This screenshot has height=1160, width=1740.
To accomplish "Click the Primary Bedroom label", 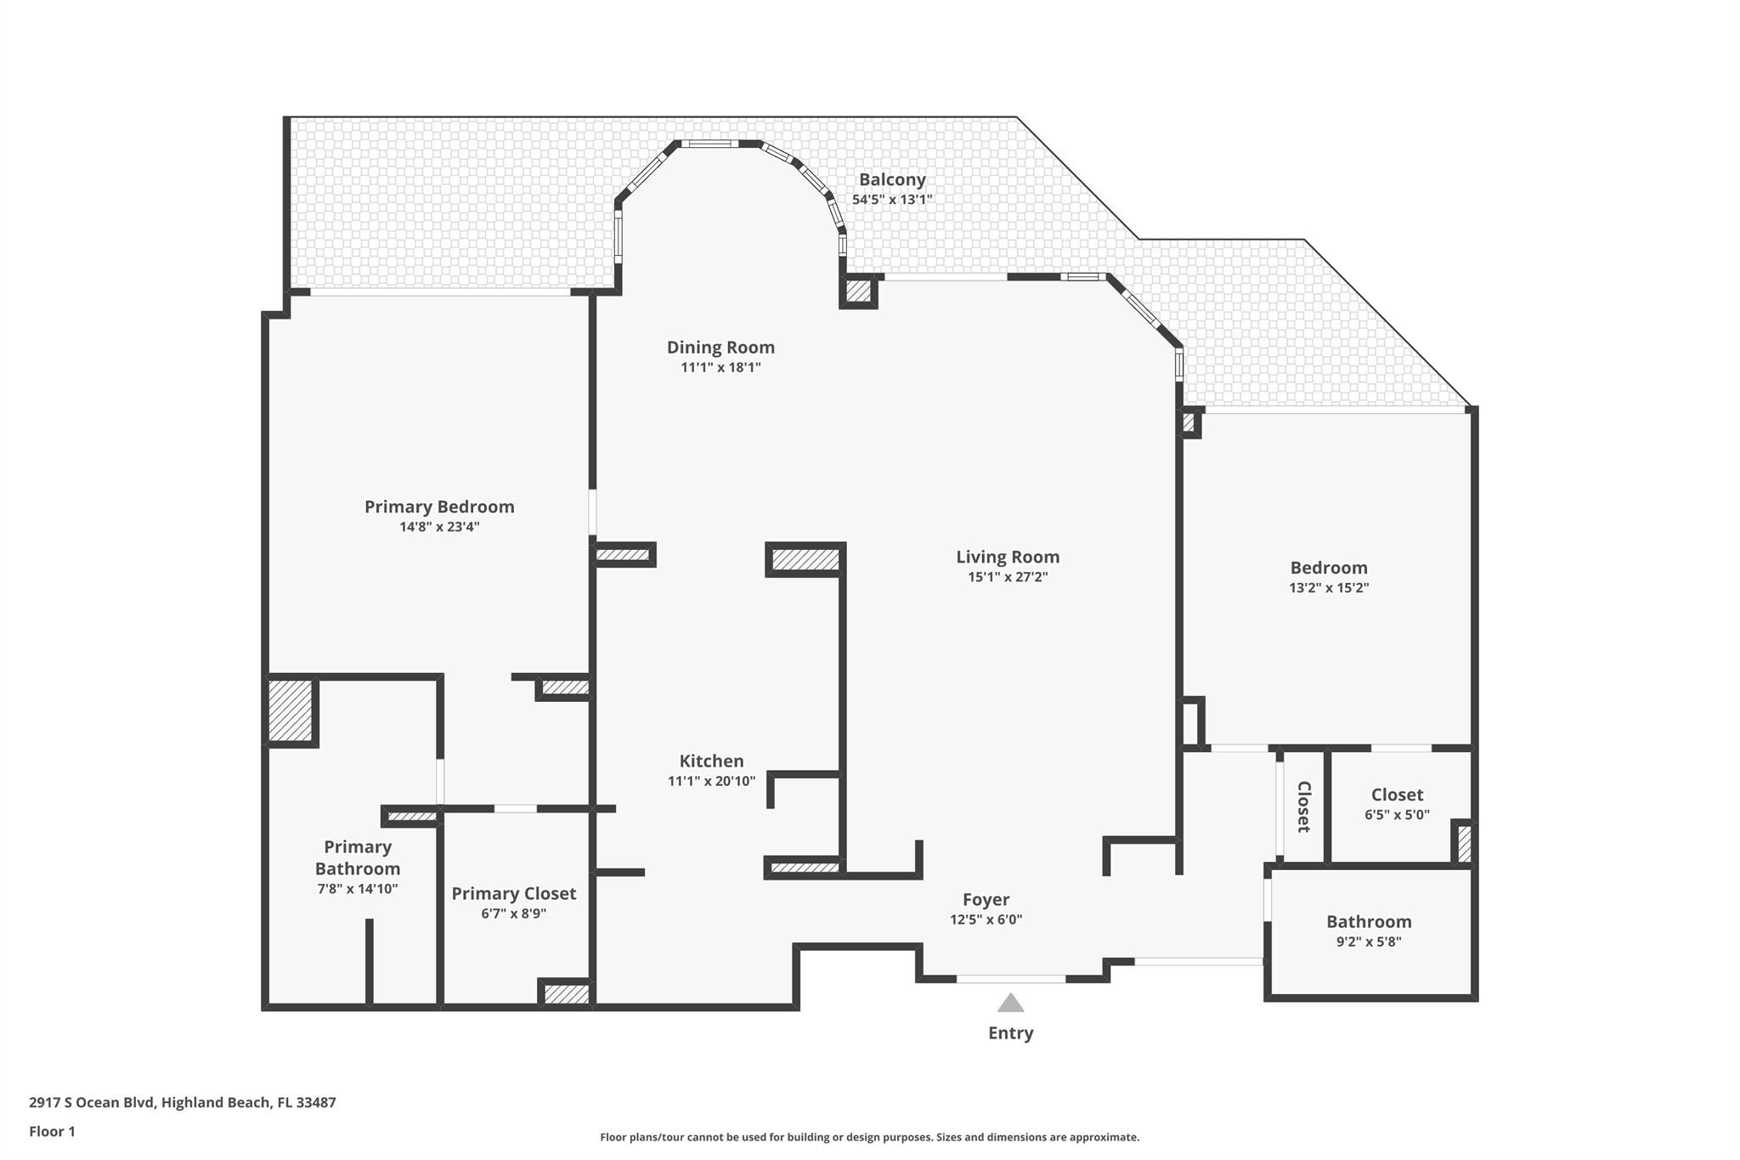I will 439,506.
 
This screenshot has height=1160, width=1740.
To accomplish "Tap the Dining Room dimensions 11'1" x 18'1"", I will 720,367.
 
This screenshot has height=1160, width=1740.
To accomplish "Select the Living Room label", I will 1008,557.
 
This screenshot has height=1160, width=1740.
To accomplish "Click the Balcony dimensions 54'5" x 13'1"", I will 892,200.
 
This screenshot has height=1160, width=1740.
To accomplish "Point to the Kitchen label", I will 711,761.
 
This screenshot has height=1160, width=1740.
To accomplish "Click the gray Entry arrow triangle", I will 1010,1004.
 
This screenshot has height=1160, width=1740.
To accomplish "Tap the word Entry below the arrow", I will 1010,1033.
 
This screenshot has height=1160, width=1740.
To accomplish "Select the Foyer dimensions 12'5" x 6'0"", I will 986,920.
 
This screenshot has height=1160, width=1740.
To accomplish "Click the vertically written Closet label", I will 1303,806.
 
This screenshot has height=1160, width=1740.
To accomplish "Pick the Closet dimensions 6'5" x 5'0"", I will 1397,814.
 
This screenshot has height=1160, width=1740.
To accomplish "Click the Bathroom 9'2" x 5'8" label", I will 1369,922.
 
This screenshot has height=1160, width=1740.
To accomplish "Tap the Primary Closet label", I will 513,893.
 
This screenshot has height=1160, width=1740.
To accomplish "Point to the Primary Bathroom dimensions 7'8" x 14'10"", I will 357,889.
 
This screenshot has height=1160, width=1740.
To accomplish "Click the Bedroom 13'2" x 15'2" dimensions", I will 1329,587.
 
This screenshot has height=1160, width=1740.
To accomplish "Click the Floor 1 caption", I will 52,1131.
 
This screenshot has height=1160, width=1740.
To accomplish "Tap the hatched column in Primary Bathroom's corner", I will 291,710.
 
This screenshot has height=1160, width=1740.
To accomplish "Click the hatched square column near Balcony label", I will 858,291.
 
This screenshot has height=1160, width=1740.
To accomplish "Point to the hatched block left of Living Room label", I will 805,559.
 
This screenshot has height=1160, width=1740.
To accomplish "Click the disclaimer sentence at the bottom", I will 869,1137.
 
